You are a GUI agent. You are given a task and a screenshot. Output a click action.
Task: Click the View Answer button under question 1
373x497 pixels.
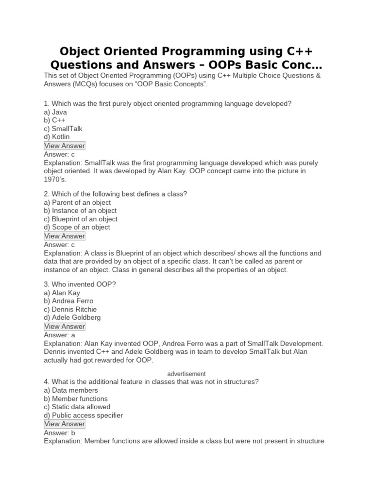click(x=65, y=146)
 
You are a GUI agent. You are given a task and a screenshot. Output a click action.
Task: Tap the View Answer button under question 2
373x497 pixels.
click(x=65, y=236)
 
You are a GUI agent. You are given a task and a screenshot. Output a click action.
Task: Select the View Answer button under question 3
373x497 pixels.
click(x=65, y=326)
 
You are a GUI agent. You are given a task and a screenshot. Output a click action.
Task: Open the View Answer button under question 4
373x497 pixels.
click(x=65, y=424)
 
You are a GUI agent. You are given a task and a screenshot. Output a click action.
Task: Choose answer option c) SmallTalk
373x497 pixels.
click(x=63, y=129)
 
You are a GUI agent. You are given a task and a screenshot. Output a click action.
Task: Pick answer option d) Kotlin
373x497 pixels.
click(x=57, y=137)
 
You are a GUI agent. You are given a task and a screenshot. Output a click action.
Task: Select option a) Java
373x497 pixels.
click(x=55, y=112)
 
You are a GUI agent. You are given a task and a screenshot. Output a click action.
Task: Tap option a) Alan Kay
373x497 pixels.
click(x=62, y=293)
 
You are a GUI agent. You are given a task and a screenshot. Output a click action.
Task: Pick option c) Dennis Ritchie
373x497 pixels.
click(x=70, y=309)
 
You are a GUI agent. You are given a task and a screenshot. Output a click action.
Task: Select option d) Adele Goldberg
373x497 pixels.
click(x=72, y=317)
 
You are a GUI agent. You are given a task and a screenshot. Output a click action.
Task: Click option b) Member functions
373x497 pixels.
click(x=76, y=398)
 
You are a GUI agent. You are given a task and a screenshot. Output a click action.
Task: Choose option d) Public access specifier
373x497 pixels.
click(x=83, y=415)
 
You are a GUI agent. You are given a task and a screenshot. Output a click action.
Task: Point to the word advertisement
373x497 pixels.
click(x=186, y=374)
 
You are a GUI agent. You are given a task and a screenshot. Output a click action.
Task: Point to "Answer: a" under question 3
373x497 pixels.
click(x=59, y=334)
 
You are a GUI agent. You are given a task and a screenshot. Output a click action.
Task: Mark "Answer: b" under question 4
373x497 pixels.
click(x=59, y=432)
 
